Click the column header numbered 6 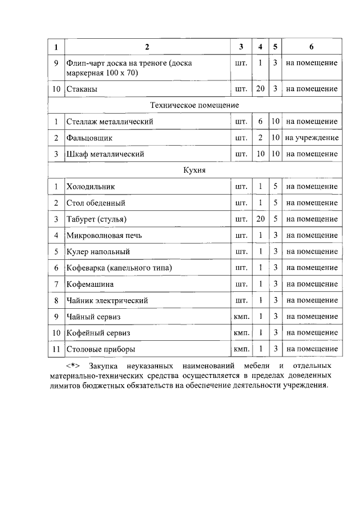(312, 46)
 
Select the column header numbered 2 (147, 46)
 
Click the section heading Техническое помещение (195, 105)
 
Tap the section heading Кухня (195, 170)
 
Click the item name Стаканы (82, 89)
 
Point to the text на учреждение (312, 138)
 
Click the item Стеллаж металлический (109, 121)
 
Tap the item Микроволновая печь (104, 236)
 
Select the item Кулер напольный (98, 252)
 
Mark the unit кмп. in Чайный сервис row (241, 317)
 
